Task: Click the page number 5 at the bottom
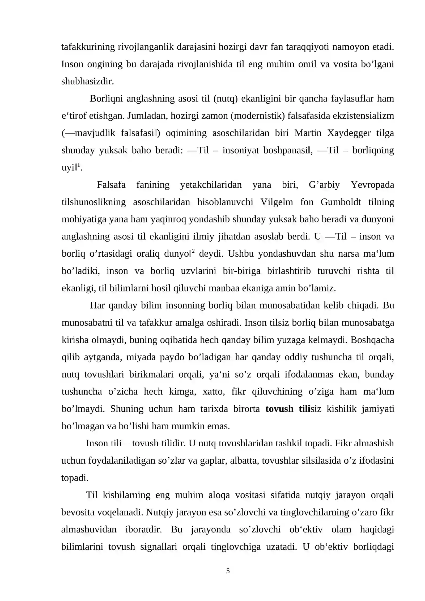[228, 571]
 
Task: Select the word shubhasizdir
[87, 81]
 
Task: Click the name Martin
[308, 133]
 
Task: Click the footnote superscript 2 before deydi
[193, 251]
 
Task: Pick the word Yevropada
[372, 185]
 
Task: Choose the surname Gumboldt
[341, 202]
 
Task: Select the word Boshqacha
[372, 340]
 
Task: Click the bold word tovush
[279, 409]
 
